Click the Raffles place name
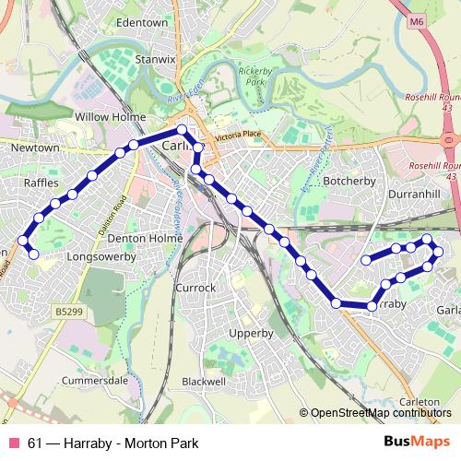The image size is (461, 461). (40, 183)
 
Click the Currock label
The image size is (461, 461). (195, 288)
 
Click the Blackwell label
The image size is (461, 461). (204, 381)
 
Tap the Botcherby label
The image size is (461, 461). (351, 182)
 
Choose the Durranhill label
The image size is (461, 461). (416, 195)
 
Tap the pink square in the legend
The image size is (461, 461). (14, 443)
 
